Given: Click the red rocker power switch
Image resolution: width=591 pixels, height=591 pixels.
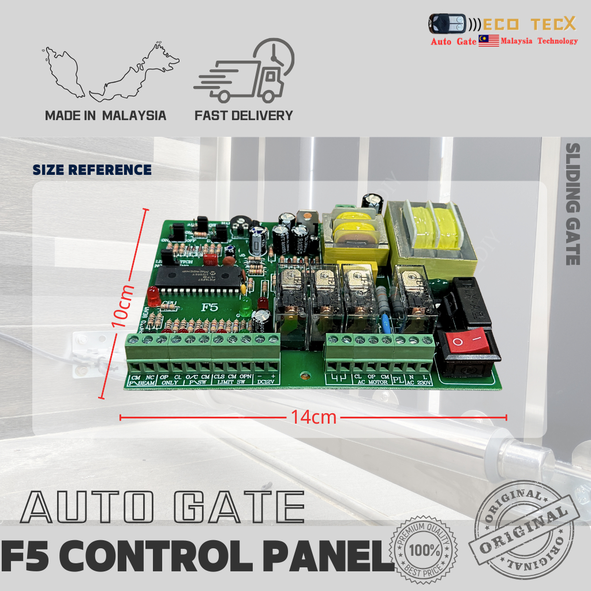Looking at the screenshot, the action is (x=467, y=345).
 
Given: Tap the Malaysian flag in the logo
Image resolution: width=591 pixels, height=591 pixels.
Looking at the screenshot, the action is (x=489, y=41).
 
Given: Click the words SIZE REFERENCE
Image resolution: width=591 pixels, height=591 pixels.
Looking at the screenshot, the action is (x=92, y=170).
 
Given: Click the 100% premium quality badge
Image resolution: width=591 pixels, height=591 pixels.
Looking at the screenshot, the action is (x=423, y=544).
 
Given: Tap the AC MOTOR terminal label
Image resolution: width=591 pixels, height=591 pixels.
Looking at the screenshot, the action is (x=370, y=381).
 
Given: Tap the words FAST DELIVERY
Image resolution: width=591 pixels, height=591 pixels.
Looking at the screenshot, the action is (x=244, y=115).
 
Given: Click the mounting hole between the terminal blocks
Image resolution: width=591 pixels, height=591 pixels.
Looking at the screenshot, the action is (x=303, y=376).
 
